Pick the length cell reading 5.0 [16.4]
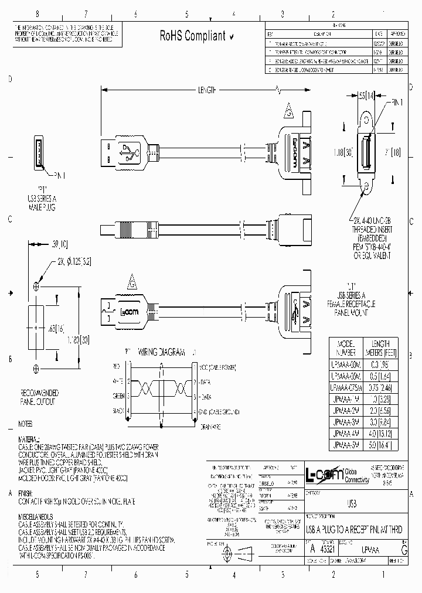tap(380, 445)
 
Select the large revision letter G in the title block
tap(403, 548)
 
